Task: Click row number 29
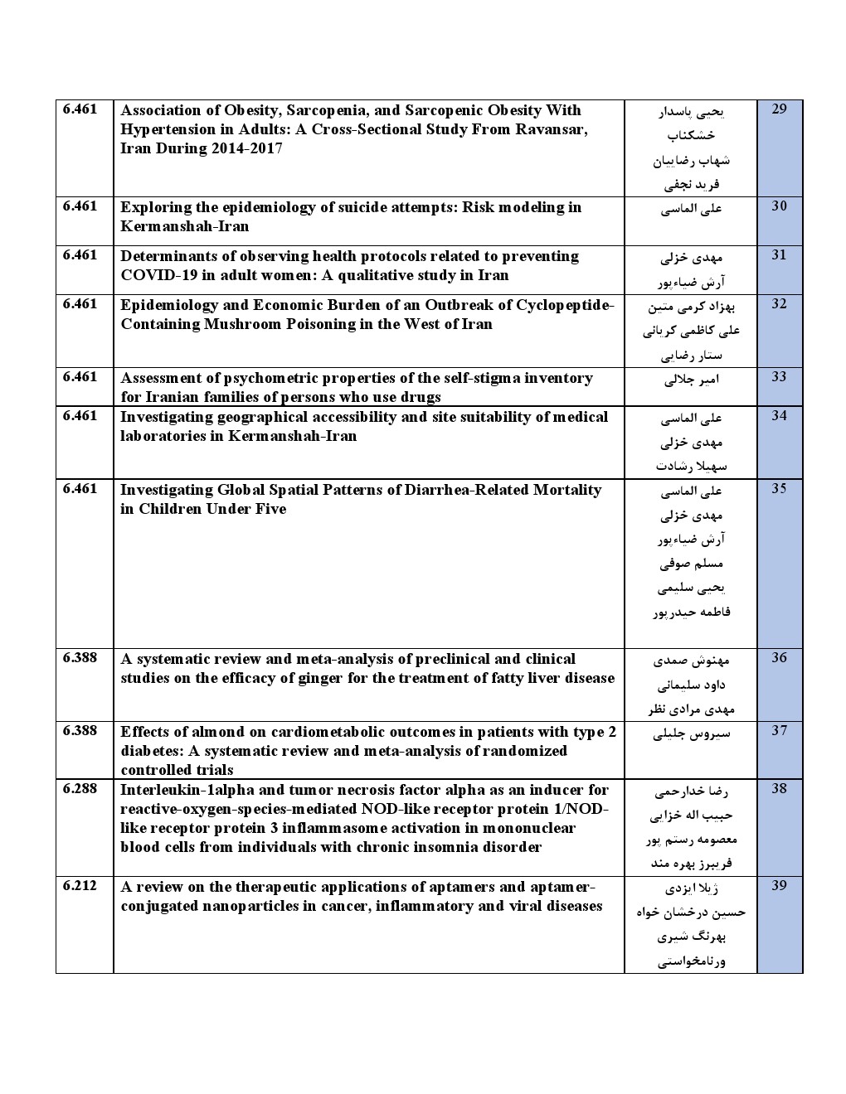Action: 779,109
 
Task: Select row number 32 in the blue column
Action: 779,303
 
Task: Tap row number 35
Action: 779,488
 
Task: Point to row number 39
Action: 779,885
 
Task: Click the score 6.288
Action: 80,788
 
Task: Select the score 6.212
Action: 80,885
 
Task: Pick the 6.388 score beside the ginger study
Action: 80,657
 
